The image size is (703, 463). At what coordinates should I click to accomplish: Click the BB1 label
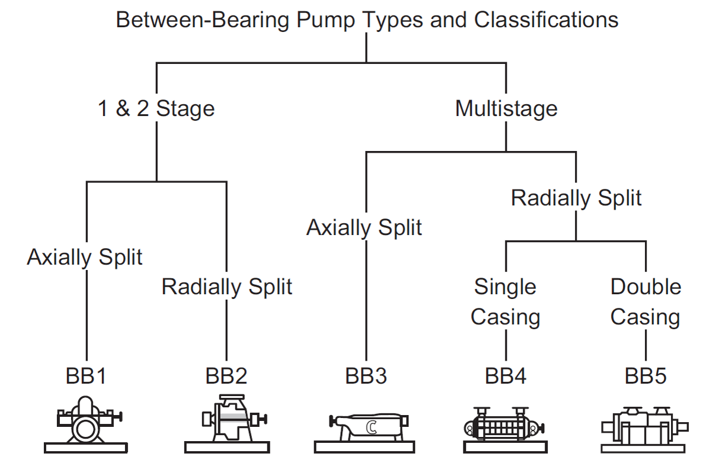[87, 375]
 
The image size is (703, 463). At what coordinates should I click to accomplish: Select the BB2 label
[226, 375]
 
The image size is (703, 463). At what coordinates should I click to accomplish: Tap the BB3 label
[366, 375]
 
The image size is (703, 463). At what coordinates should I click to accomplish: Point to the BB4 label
[506, 375]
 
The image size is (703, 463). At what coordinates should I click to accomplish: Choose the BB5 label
[646, 375]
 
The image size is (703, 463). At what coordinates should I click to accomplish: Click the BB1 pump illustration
[87, 423]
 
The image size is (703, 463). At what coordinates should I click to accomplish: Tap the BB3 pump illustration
[369, 427]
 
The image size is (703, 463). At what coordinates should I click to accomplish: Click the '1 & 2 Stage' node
[156, 109]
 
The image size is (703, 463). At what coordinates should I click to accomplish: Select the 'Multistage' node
[506, 109]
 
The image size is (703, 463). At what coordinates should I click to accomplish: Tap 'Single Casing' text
[505, 302]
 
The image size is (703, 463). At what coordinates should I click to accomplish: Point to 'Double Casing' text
[646, 302]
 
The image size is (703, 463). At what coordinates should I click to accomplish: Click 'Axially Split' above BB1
[85, 257]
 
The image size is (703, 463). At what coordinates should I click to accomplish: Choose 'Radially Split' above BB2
[227, 287]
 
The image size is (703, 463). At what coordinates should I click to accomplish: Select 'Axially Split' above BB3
[364, 227]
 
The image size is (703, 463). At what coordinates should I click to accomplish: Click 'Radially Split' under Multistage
[576, 198]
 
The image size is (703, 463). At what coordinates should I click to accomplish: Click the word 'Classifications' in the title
[546, 20]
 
